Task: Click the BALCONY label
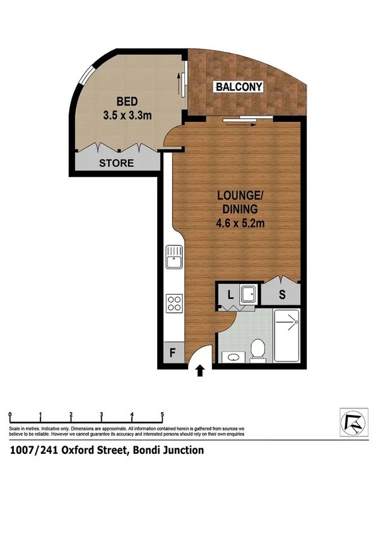click(239, 87)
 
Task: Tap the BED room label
click(127, 102)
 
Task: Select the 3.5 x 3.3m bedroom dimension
click(127, 115)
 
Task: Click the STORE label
click(117, 163)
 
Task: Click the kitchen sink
click(174, 258)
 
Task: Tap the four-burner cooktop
click(174, 303)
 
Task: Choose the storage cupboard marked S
click(281, 293)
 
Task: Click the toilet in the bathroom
click(257, 350)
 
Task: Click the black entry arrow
click(200, 371)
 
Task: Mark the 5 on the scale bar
click(162, 415)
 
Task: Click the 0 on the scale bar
click(10, 415)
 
